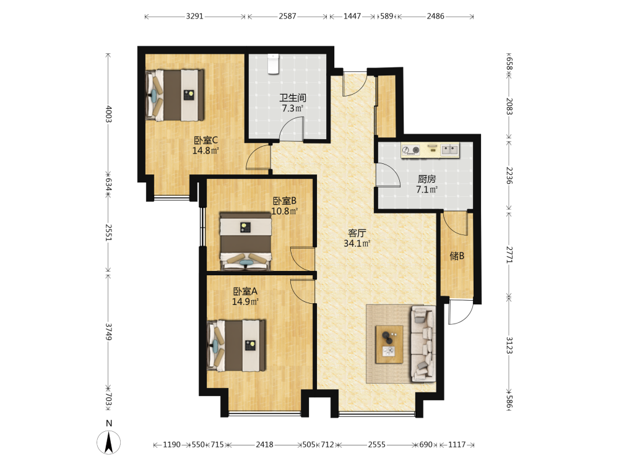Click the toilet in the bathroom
tap(273, 64)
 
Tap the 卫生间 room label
tap(293, 98)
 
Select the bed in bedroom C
tap(175, 95)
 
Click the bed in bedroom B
tap(246, 241)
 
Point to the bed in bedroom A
tap(236, 346)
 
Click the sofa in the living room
tap(423, 344)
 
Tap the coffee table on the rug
tap(389, 344)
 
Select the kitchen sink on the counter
tap(449, 150)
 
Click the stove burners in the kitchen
tap(411, 150)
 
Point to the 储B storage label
tap(457, 256)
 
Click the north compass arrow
tap(109, 442)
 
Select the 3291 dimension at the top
tap(194, 16)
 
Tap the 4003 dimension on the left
tap(108, 114)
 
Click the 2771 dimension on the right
tap(509, 254)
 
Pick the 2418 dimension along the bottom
tap(264, 445)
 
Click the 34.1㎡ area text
tap(357, 243)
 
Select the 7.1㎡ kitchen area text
tap(426, 189)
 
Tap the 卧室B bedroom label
tap(285, 201)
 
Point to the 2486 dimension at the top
tap(435, 16)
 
